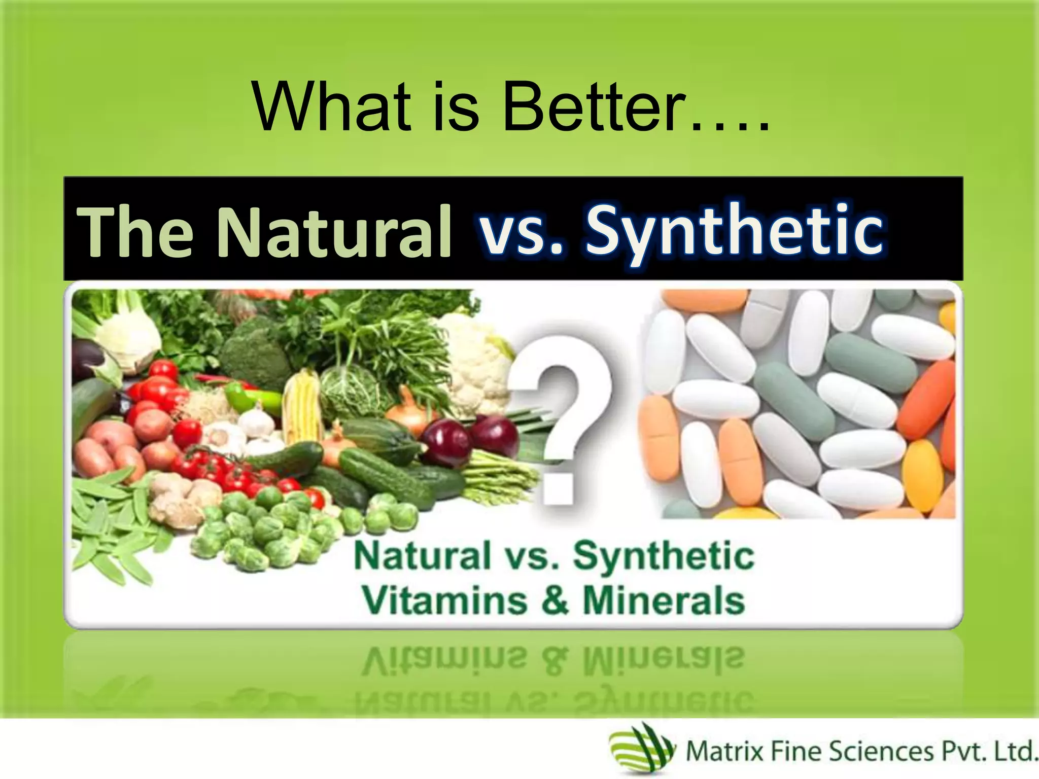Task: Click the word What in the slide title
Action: click(332, 108)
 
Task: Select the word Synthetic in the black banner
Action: click(736, 231)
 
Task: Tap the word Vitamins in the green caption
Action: click(445, 601)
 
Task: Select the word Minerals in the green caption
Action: click(665, 601)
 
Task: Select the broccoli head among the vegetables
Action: click(251, 350)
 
